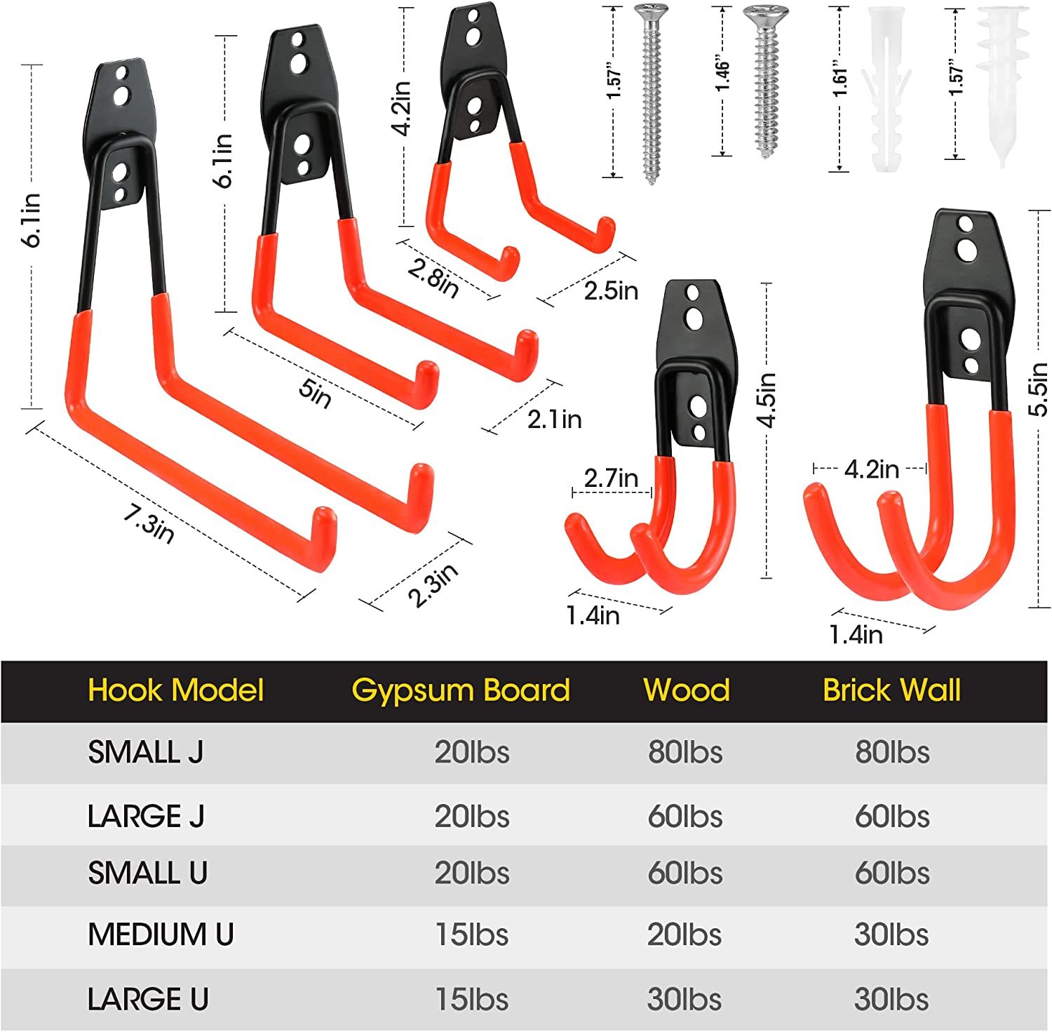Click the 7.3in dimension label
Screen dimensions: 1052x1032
pyautogui.click(x=149, y=523)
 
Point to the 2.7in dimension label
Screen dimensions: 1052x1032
pyautogui.click(x=611, y=478)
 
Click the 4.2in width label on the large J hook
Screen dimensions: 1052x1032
pyautogui.click(x=871, y=469)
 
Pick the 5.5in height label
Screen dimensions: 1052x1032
pyautogui.click(x=1038, y=389)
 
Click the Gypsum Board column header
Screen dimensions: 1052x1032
pyautogui.click(x=461, y=690)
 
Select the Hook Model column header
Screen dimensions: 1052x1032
pyautogui.click(x=176, y=690)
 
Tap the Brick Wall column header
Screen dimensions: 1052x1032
pyautogui.click(x=891, y=690)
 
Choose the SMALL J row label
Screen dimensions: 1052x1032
pyautogui.click(x=146, y=753)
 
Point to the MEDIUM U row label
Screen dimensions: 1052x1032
pyautogui.click(x=161, y=934)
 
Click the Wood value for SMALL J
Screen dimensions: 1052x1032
pyautogui.click(x=685, y=753)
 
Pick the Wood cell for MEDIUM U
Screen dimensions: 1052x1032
pyautogui.click(x=685, y=934)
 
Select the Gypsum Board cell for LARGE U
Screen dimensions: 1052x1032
pyautogui.click(x=472, y=1000)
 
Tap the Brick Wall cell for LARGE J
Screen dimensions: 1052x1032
pyautogui.click(x=892, y=817)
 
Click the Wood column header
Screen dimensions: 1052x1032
pyautogui.click(x=687, y=690)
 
